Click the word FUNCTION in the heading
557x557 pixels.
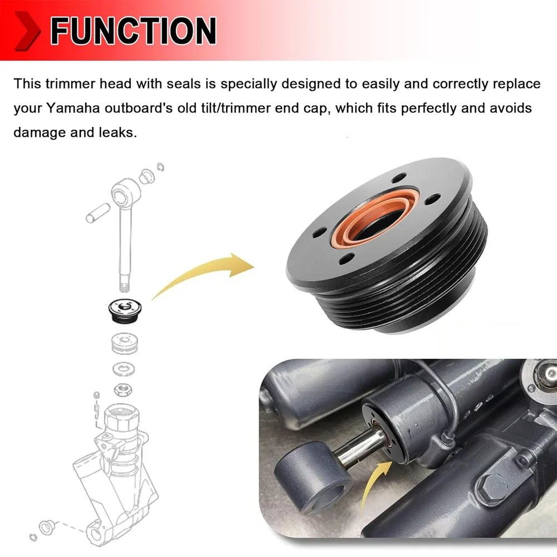(x=133, y=31)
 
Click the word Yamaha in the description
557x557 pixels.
(x=73, y=109)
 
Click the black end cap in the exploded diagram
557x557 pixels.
(x=125, y=310)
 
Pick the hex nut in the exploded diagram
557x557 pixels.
(x=123, y=390)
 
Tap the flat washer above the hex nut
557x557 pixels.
(x=124, y=369)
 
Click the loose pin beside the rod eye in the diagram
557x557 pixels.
(x=97, y=213)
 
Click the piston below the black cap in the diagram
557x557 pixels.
(x=124, y=344)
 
